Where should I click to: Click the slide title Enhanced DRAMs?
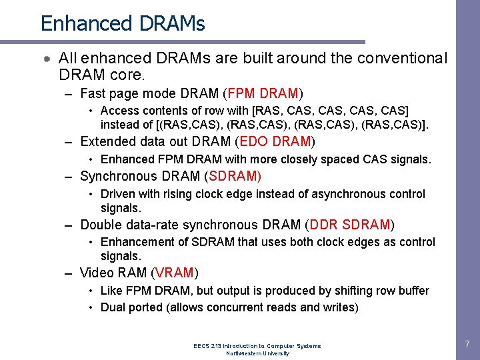123,23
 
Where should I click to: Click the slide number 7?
467,345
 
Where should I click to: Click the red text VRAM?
175,273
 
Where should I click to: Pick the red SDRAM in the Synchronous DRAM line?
235,176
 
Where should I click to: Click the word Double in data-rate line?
101,225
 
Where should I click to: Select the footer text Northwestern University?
257,353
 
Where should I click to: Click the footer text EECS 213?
207,346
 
